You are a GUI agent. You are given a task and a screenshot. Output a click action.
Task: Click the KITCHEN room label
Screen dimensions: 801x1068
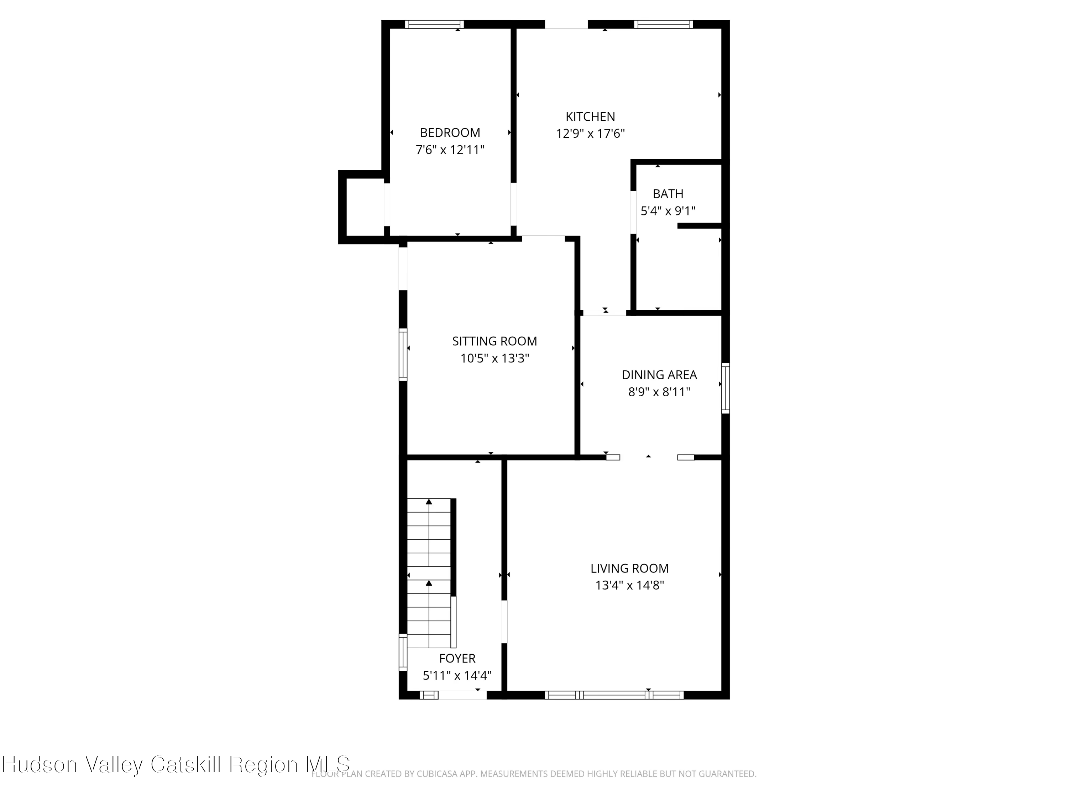pos(590,116)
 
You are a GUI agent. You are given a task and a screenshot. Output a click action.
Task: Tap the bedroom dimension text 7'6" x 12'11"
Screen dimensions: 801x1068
pos(450,150)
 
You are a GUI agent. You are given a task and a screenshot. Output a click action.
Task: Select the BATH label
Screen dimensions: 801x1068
pos(668,194)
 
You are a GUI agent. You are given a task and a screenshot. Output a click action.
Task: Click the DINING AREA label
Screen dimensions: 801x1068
pos(659,375)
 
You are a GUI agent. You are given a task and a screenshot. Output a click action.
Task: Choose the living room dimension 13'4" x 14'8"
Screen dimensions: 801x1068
pos(629,585)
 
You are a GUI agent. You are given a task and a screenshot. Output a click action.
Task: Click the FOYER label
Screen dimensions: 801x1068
pos(457,658)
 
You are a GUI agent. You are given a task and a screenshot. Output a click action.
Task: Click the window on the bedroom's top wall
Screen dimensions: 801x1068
pos(434,24)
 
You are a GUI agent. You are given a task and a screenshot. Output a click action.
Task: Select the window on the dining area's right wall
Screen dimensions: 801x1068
pos(725,388)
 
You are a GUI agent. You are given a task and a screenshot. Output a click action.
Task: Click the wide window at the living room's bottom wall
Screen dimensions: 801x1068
pos(614,695)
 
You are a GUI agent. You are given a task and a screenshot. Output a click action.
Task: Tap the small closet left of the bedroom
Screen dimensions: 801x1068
pos(365,207)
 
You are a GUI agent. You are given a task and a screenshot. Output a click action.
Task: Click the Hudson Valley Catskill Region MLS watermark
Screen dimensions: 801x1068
pos(176,764)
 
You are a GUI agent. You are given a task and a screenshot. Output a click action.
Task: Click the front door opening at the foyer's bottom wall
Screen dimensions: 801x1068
pos(462,695)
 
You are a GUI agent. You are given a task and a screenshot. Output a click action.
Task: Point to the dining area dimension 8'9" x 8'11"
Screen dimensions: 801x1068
pos(659,392)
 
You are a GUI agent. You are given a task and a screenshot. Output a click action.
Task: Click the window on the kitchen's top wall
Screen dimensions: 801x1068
pos(663,24)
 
